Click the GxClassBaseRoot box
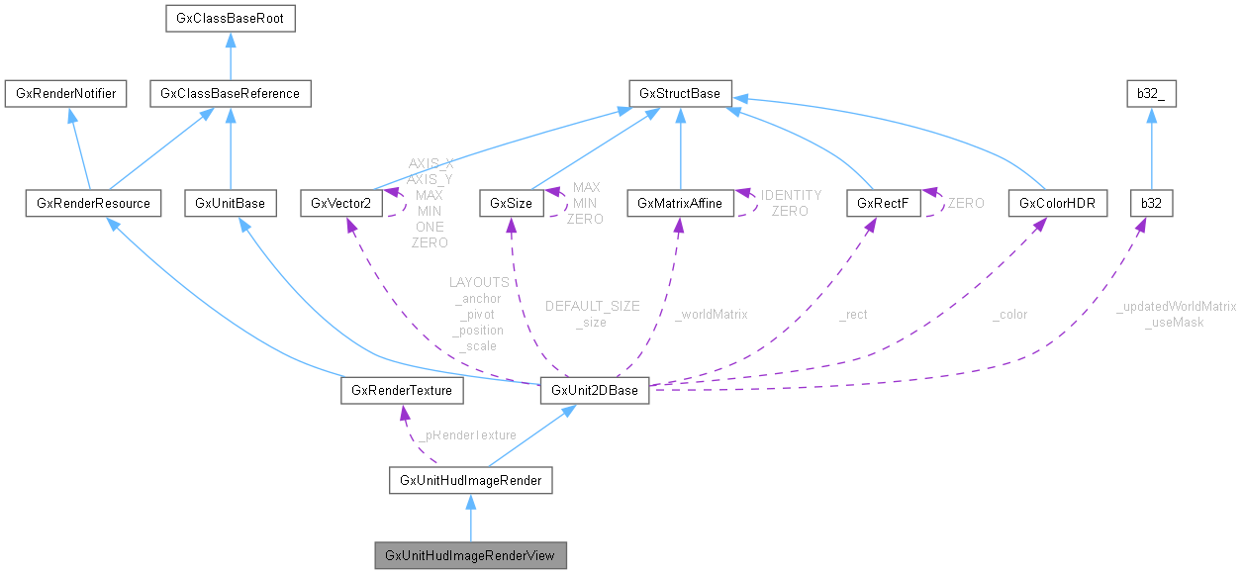[229, 18]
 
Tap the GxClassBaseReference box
[230, 94]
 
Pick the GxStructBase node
[680, 94]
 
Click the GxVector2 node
[340, 204]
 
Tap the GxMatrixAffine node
[679, 204]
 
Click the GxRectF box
[870, 204]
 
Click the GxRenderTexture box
[402, 391]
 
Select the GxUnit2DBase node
[594, 391]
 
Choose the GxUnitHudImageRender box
[470, 482]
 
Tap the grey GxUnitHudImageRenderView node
[470, 555]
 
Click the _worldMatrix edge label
[711, 315]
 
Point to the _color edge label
[1009, 315]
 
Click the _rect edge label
[852, 315]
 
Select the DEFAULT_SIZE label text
[592, 307]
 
